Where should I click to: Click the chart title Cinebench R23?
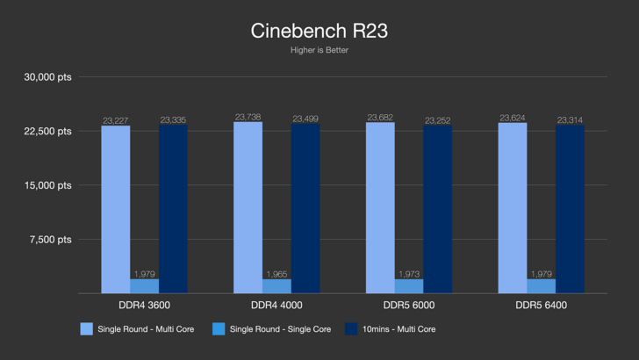coord(319,31)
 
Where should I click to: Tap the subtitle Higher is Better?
coord(319,50)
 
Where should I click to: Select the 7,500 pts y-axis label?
coord(49,240)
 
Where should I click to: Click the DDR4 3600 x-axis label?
coord(144,305)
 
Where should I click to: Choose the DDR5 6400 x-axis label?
coord(541,305)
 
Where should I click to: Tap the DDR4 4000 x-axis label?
coord(276,305)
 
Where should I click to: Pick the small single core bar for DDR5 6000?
coord(409,286)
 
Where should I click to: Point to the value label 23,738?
coord(248,117)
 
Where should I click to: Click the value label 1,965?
coord(276,274)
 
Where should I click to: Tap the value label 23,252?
coord(438,120)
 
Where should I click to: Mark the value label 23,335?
coord(173,120)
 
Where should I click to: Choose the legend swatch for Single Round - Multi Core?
coord(87,329)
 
